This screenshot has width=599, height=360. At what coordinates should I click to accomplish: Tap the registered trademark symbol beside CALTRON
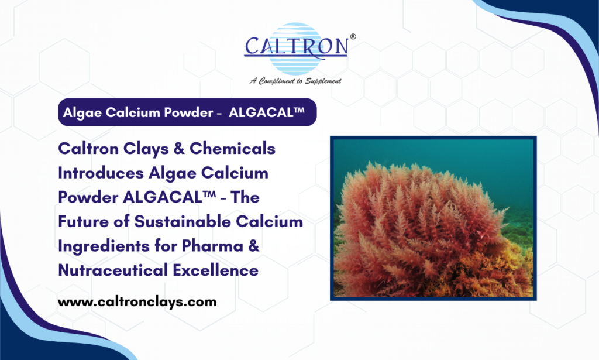point(352,36)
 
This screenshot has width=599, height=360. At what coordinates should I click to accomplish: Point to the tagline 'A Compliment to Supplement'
point(295,81)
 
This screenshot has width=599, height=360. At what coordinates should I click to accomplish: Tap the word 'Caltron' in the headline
point(85,149)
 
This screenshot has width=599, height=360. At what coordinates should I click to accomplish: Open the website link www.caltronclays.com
point(137,303)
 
